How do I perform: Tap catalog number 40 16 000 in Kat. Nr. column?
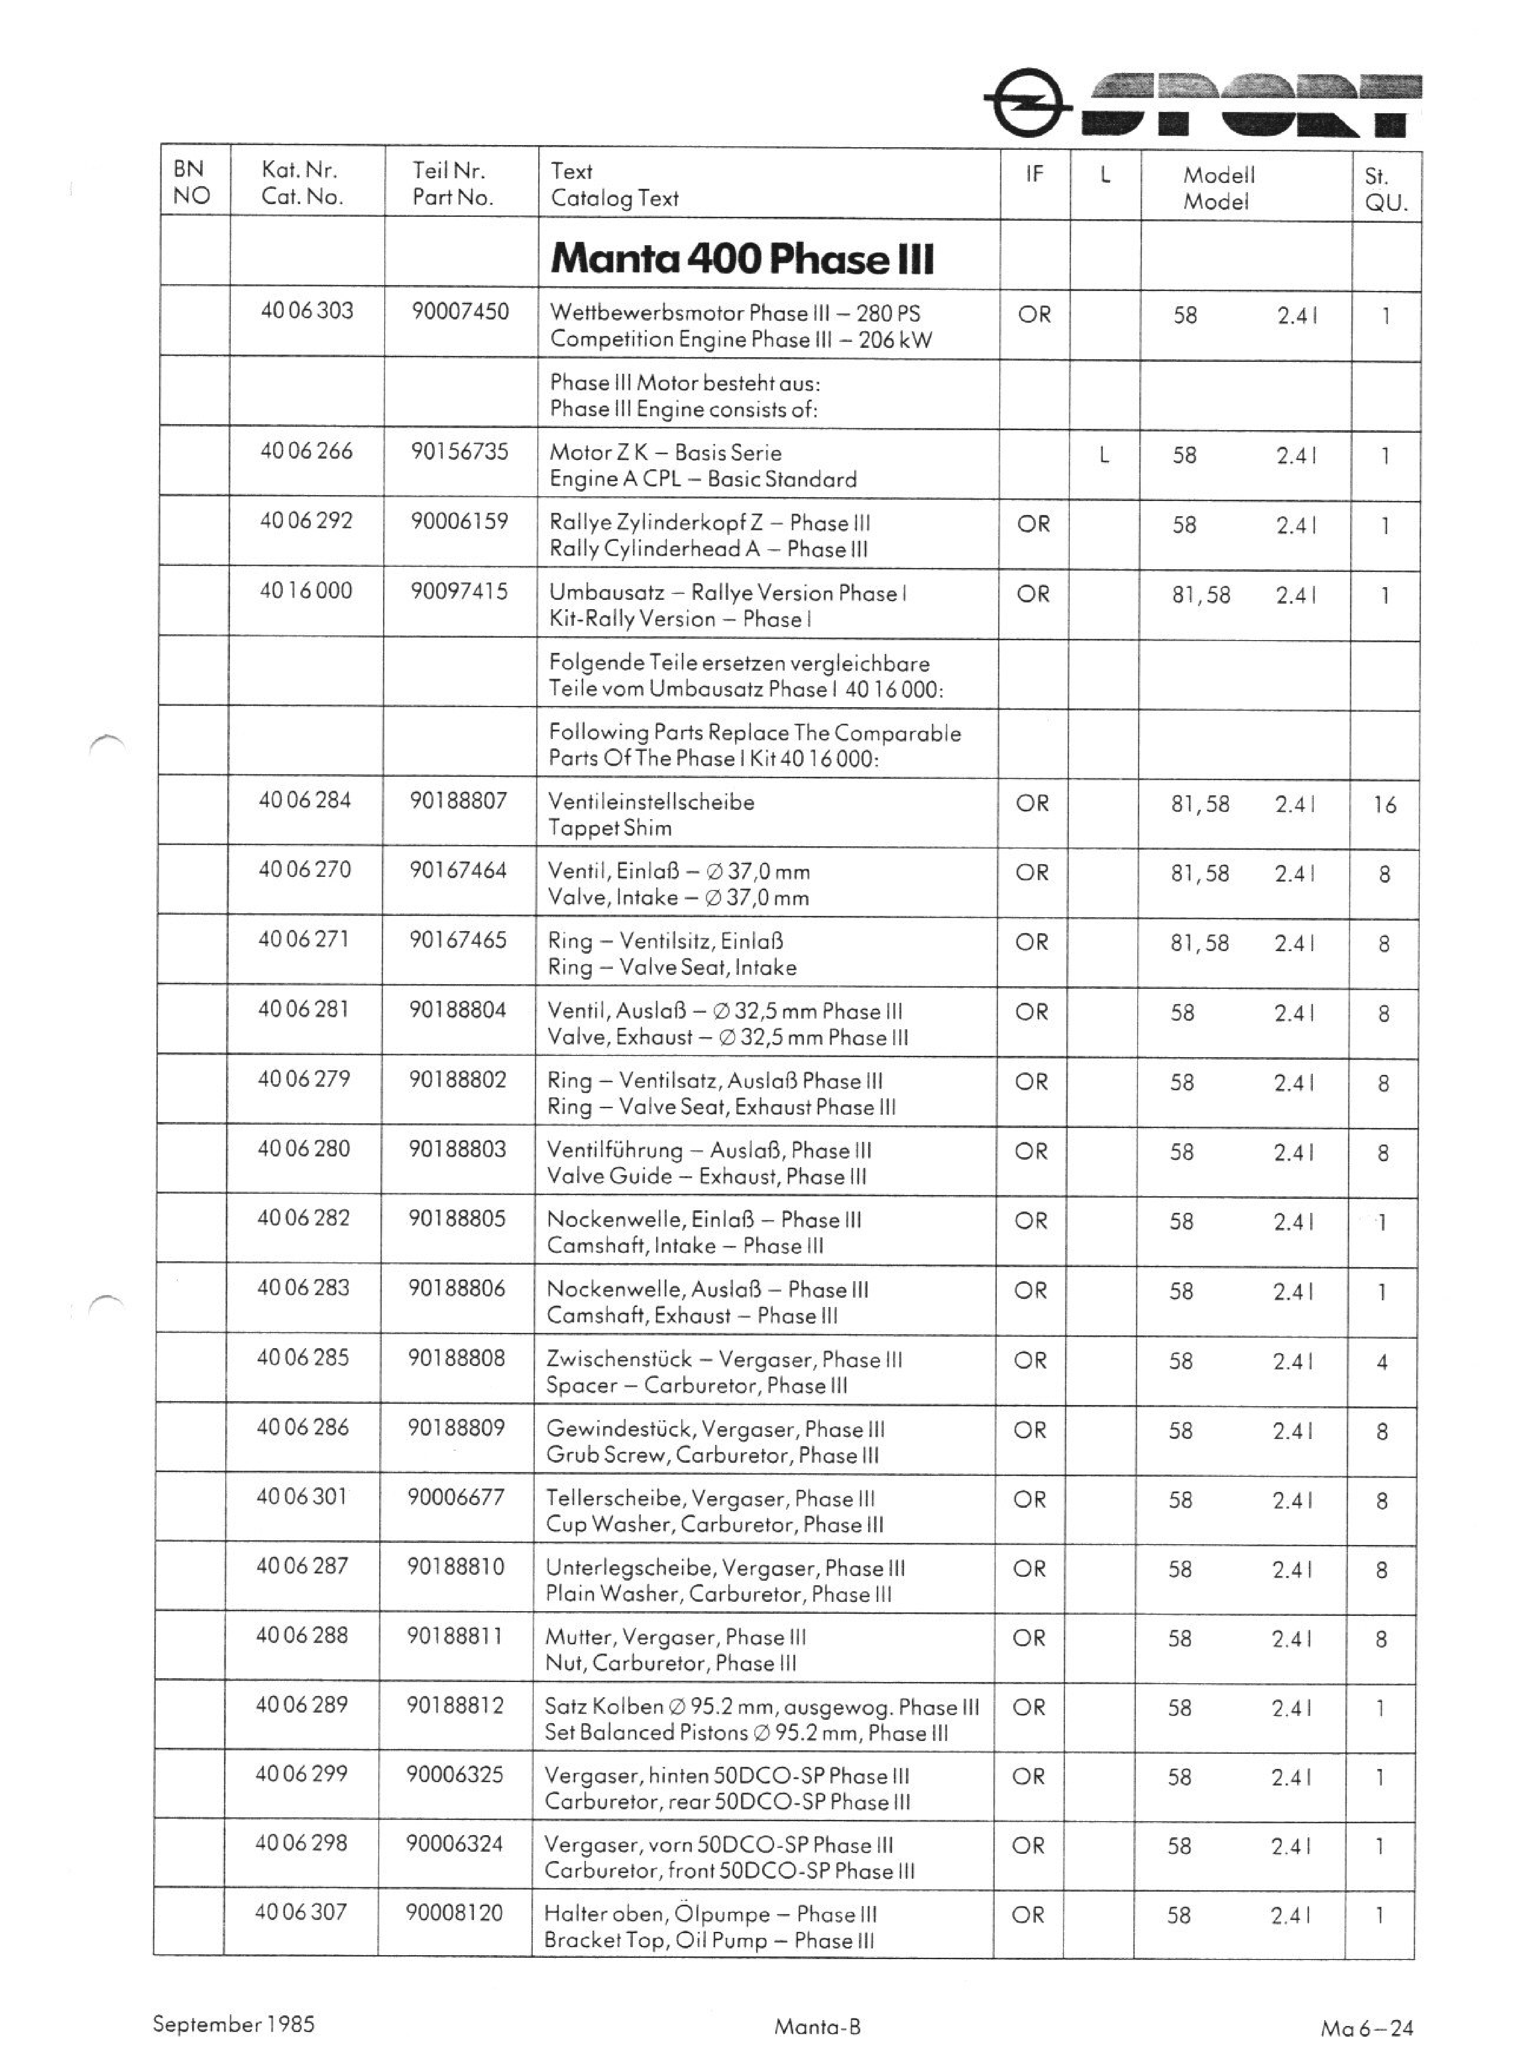point(306,591)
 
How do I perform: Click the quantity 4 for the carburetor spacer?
point(1382,1362)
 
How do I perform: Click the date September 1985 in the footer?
point(234,2024)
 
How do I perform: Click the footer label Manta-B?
point(817,2026)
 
